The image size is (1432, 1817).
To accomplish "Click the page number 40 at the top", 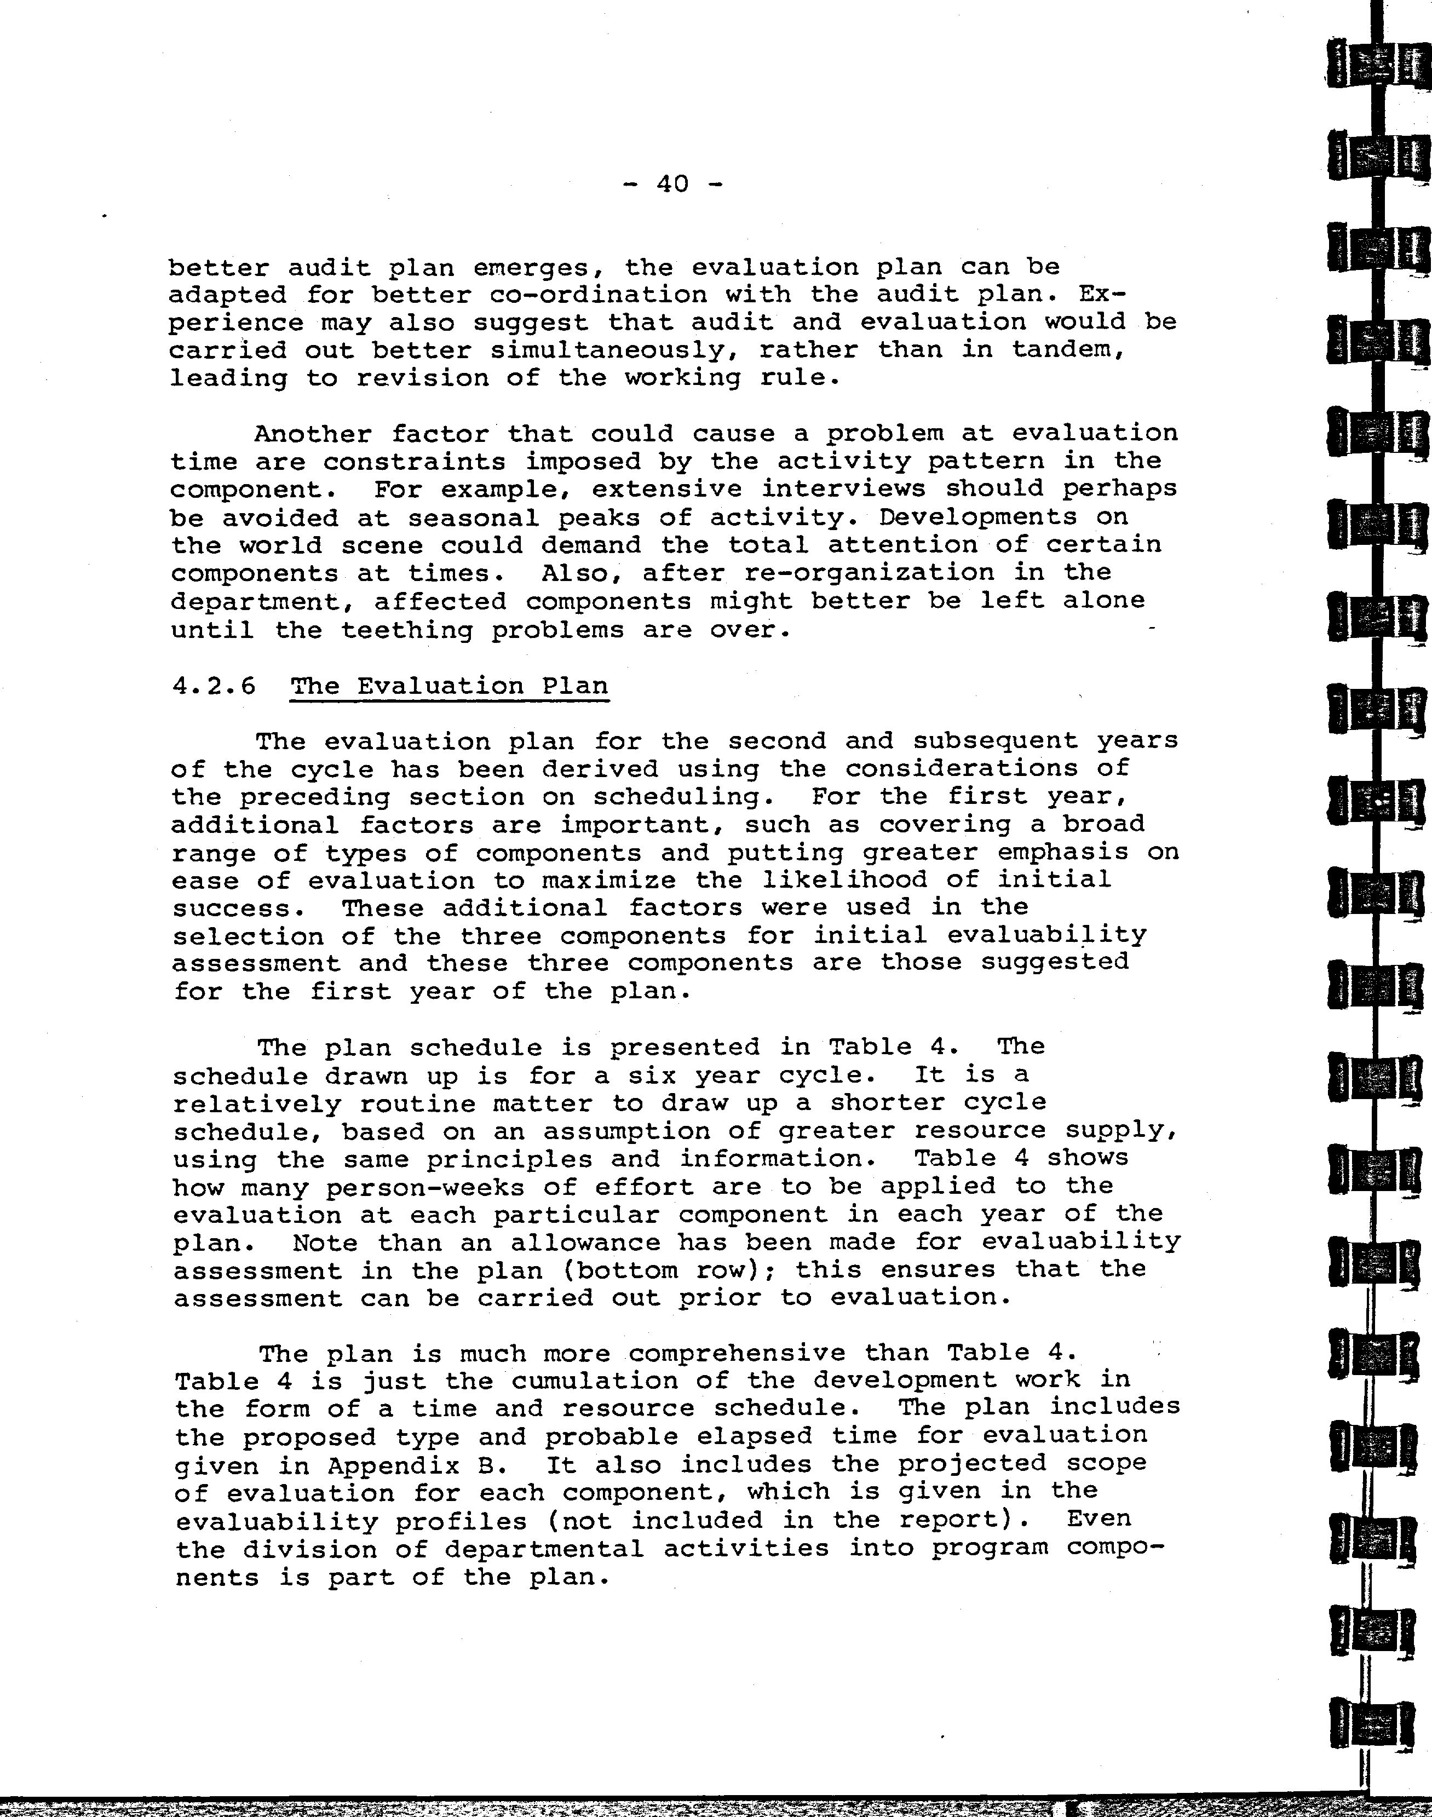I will pos(672,183).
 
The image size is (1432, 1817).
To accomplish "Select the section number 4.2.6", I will pos(213,686).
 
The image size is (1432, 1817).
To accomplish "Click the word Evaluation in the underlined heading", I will pos(440,686).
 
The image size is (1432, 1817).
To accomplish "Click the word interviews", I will pos(845,489).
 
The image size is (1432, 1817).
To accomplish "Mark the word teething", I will pos(407,630).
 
